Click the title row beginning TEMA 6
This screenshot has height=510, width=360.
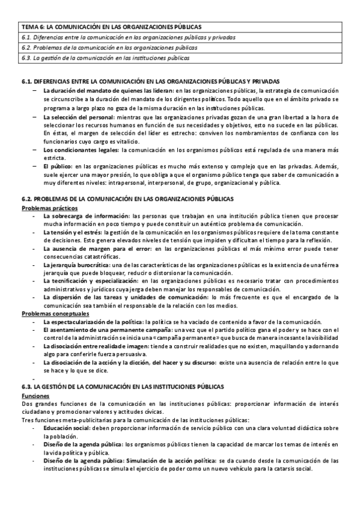click(x=112, y=27)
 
